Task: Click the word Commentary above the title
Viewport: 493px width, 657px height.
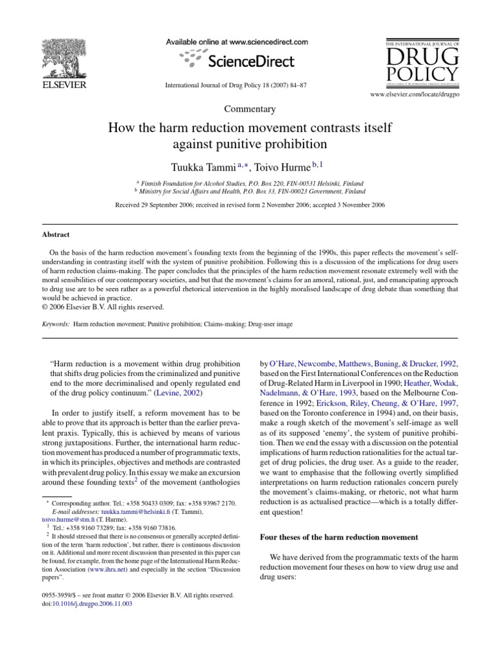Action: click(x=246, y=110)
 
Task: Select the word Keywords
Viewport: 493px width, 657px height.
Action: click(x=53, y=325)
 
